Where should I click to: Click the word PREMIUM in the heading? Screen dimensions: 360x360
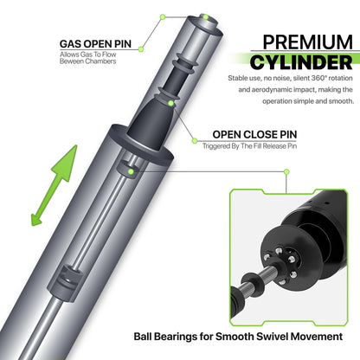click(x=307, y=42)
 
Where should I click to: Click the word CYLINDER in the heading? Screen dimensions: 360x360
click(x=301, y=62)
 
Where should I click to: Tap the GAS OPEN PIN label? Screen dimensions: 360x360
click(x=95, y=44)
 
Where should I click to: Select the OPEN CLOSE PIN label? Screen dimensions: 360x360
click(x=254, y=134)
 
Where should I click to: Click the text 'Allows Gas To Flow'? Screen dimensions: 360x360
click(x=88, y=55)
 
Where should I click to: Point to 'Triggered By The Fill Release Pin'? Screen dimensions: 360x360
click(x=249, y=146)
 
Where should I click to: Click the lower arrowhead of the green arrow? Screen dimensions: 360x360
click(x=36, y=218)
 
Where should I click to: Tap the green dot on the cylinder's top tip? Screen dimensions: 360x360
click(x=205, y=17)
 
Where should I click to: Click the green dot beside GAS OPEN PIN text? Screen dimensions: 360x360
click(x=141, y=49)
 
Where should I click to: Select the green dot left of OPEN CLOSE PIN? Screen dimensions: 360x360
click(x=195, y=141)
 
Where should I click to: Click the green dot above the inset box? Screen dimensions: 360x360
click(x=286, y=172)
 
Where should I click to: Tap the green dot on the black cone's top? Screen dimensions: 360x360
click(x=171, y=103)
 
